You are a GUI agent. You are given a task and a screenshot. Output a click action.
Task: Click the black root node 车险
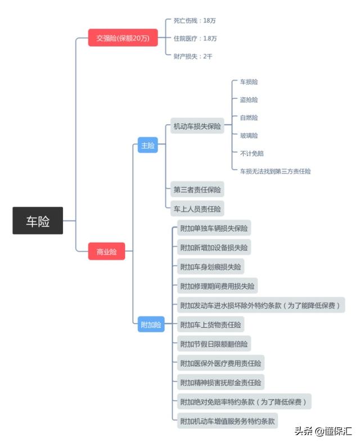[38, 221]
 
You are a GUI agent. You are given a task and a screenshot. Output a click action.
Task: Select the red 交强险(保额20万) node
[123, 38]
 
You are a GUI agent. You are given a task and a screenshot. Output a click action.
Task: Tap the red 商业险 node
[106, 251]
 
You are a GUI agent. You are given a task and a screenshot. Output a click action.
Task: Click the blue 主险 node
[147, 144]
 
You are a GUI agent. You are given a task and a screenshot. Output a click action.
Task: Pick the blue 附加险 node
[151, 324]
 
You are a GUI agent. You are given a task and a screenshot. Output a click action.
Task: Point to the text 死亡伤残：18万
[195, 20]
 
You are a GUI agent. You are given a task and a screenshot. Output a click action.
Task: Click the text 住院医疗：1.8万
[195, 38]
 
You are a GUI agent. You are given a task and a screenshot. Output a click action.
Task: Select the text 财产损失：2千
[193, 56]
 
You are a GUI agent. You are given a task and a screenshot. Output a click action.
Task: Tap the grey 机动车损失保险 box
[197, 126]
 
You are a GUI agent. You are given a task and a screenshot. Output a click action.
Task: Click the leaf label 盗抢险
[249, 99]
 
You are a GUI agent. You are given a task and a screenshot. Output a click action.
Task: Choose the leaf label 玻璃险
[249, 135]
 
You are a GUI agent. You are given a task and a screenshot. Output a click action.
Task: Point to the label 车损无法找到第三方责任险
[275, 171]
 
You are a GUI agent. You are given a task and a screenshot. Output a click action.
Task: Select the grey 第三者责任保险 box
[197, 189]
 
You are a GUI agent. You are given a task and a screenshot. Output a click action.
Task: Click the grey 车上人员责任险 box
[197, 209]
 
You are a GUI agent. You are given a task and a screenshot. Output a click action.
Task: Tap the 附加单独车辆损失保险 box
[213, 228]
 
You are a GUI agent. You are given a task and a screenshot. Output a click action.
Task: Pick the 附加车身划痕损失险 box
[211, 266]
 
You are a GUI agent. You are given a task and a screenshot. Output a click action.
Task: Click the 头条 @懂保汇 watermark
[323, 432]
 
